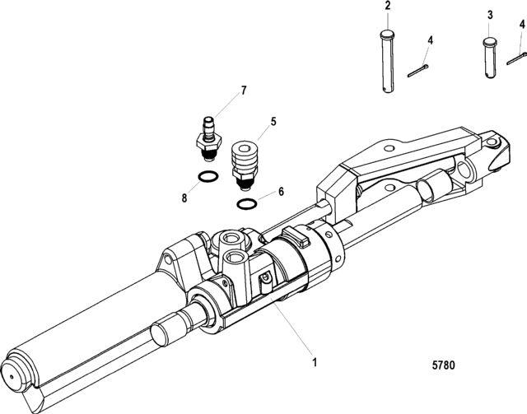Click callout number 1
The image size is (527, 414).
(315, 363)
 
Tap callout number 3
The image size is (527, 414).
(490, 15)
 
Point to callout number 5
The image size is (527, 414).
(273, 121)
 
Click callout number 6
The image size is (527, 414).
(281, 192)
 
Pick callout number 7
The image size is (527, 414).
(244, 91)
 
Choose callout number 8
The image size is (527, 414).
(184, 198)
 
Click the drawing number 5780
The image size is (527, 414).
(443, 365)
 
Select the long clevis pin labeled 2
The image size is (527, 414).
(387, 61)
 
